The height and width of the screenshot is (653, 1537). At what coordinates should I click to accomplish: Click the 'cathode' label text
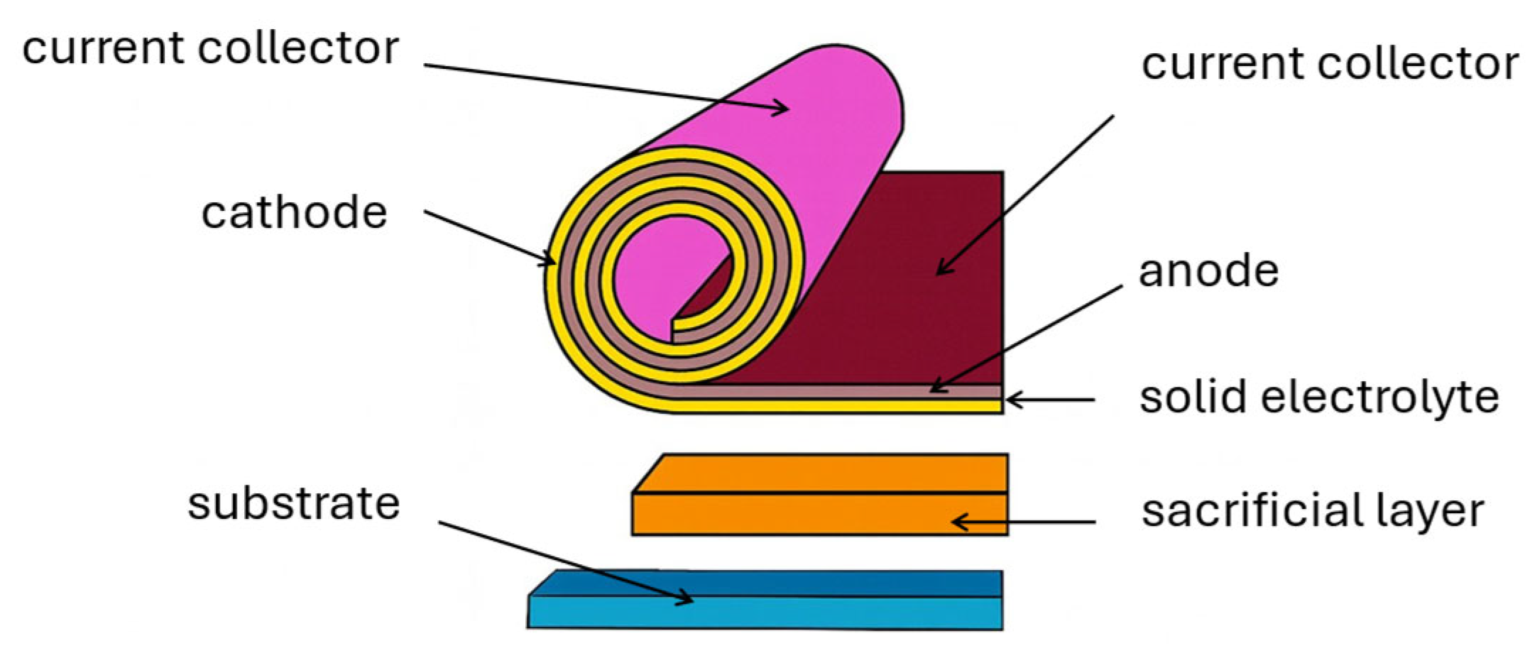294,212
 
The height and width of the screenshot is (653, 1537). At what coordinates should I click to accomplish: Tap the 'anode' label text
1208,271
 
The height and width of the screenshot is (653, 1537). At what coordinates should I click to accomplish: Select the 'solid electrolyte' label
1319,397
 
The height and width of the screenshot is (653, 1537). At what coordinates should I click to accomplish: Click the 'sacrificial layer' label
1312,511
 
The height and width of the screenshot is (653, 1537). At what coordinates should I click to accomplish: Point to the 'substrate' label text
293,504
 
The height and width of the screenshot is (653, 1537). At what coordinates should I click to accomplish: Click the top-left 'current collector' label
210,48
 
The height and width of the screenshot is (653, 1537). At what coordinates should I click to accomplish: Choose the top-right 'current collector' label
1330,64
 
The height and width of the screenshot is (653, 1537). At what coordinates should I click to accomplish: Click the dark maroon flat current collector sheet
923,319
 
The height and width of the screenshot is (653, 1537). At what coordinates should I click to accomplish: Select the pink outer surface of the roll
816,142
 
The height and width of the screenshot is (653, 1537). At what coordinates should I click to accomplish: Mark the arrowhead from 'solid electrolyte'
1011,400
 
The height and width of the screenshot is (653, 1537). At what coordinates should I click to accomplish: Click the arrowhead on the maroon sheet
940,270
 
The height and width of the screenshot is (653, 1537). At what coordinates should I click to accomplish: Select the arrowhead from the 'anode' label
934,388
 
